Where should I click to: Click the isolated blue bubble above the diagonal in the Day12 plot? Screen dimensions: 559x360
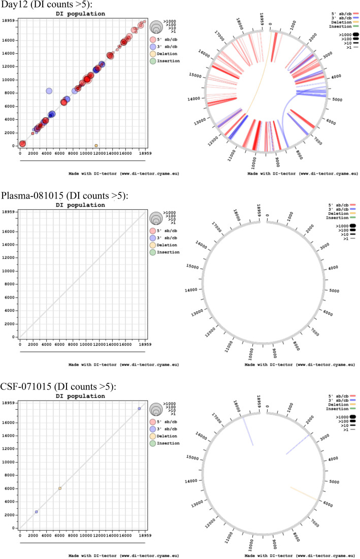[x=49, y=91]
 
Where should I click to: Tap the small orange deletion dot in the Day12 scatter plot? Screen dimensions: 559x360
[x=96, y=146]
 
